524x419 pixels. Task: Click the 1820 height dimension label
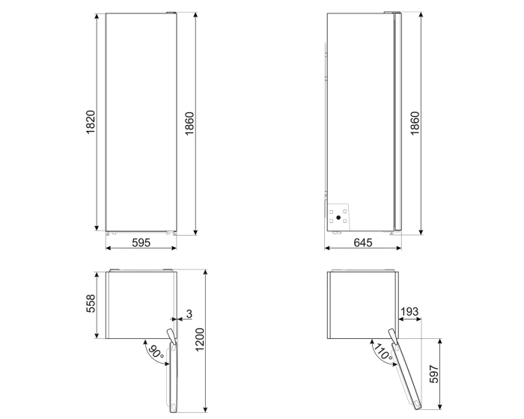coord(89,123)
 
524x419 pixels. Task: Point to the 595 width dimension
coord(142,242)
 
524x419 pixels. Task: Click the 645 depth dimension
coord(362,242)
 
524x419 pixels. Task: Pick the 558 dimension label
coord(91,303)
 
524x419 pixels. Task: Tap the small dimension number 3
coord(189,313)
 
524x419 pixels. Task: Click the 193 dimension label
coord(409,311)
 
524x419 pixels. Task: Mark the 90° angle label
coord(156,352)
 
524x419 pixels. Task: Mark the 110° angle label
coord(383,352)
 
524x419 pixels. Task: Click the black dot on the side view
coord(338,218)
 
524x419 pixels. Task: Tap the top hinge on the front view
coord(171,13)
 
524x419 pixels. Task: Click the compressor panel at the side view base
coord(338,215)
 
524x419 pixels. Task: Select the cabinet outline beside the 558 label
coord(140,303)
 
